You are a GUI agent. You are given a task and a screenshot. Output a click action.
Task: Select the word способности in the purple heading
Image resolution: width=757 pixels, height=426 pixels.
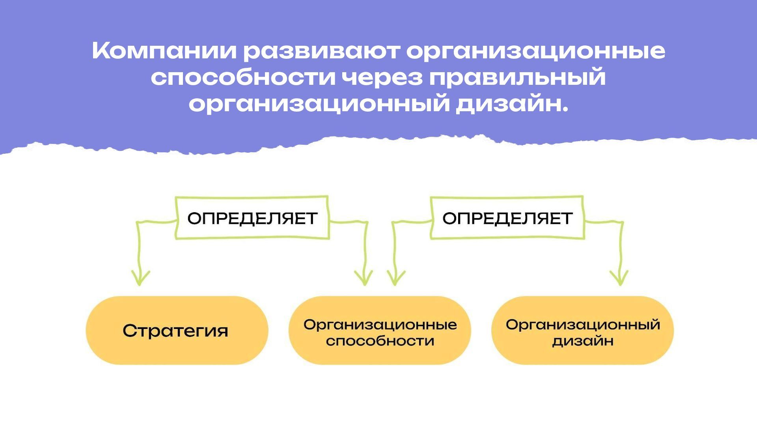pyautogui.click(x=243, y=78)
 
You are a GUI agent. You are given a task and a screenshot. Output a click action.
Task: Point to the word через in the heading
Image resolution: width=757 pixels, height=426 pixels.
pyautogui.click(x=382, y=78)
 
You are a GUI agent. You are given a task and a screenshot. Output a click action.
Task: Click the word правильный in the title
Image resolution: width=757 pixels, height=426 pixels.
pyautogui.click(x=517, y=77)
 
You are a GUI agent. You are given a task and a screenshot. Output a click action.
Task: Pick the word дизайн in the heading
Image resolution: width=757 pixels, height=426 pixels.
pyautogui.click(x=512, y=104)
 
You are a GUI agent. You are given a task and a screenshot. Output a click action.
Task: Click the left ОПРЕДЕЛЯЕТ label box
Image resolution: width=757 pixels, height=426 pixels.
pyautogui.click(x=252, y=218)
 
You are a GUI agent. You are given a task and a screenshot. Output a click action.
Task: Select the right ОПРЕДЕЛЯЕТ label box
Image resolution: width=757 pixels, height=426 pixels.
pyautogui.click(x=507, y=218)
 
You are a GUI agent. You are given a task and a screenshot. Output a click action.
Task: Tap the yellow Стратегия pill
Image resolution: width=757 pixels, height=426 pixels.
pyautogui.click(x=177, y=331)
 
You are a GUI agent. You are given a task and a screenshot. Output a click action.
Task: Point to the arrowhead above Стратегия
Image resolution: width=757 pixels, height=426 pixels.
pyautogui.click(x=140, y=278)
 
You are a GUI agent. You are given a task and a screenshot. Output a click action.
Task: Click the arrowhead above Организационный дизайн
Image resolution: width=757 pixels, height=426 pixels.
pyautogui.click(x=619, y=278)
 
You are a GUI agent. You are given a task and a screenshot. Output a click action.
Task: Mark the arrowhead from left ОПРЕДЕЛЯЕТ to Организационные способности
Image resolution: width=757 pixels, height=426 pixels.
pyautogui.click(x=364, y=278)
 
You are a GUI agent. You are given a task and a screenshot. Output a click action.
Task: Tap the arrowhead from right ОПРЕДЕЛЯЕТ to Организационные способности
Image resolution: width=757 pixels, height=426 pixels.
pyautogui.click(x=395, y=278)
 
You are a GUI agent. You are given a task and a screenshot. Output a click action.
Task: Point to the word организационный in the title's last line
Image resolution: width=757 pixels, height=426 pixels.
pyautogui.click(x=319, y=104)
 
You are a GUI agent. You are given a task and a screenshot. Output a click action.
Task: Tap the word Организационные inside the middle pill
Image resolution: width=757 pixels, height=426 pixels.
pyautogui.click(x=380, y=325)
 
